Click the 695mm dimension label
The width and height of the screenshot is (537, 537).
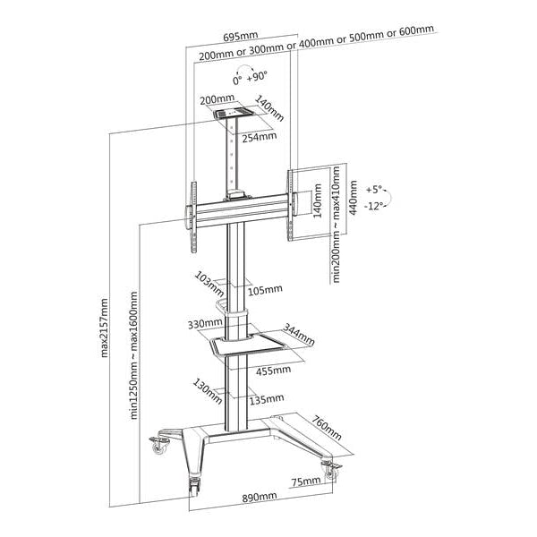[x=241, y=38]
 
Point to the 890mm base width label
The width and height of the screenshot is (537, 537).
[x=258, y=498]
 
